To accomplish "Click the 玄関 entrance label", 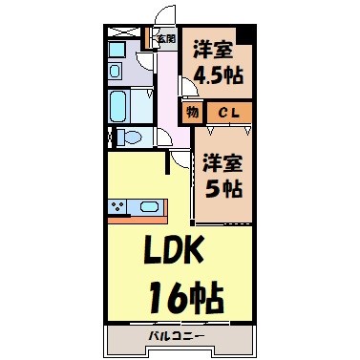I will (x=166, y=39).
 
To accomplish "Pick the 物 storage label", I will (x=192, y=114).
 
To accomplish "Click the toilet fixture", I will (x=131, y=137).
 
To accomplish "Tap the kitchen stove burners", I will (x=119, y=205).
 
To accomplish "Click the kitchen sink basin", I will (x=149, y=206).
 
